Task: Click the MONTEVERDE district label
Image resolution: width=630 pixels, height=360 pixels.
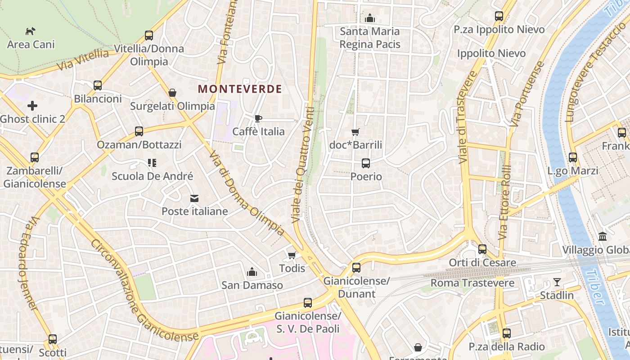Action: tap(239, 89)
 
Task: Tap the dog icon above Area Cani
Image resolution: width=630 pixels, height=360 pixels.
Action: tap(31, 31)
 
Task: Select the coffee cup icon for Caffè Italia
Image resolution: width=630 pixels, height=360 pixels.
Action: tap(258, 118)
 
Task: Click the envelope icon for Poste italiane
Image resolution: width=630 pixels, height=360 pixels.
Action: tap(194, 198)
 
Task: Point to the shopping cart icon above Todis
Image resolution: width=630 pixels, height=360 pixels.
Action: tap(292, 256)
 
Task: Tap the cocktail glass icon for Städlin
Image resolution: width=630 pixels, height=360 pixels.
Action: tap(557, 282)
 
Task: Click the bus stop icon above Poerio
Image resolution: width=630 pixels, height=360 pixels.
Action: tap(366, 163)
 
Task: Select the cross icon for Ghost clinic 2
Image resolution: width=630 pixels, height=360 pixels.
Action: tap(32, 106)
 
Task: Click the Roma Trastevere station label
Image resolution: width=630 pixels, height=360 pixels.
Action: tap(472, 283)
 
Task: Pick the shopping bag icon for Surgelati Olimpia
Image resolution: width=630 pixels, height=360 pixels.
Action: tap(172, 93)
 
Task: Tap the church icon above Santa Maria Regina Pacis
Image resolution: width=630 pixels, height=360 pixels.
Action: tap(370, 18)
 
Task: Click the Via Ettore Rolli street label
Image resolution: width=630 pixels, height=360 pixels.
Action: tap(505, 202)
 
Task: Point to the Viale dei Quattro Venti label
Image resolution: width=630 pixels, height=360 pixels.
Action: tap(302, 162)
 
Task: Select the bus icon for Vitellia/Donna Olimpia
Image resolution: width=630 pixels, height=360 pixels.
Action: tap(149, 35)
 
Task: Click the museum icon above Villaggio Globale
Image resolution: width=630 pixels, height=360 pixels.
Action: tap(603, 237)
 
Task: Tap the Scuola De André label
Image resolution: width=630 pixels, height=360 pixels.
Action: tap(152, 176)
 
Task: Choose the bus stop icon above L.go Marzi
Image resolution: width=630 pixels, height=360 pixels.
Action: tap(572, 157)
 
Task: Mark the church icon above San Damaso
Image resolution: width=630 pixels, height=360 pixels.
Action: tap(252, 272)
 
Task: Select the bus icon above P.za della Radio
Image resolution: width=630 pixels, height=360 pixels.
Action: tap(507, 333)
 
